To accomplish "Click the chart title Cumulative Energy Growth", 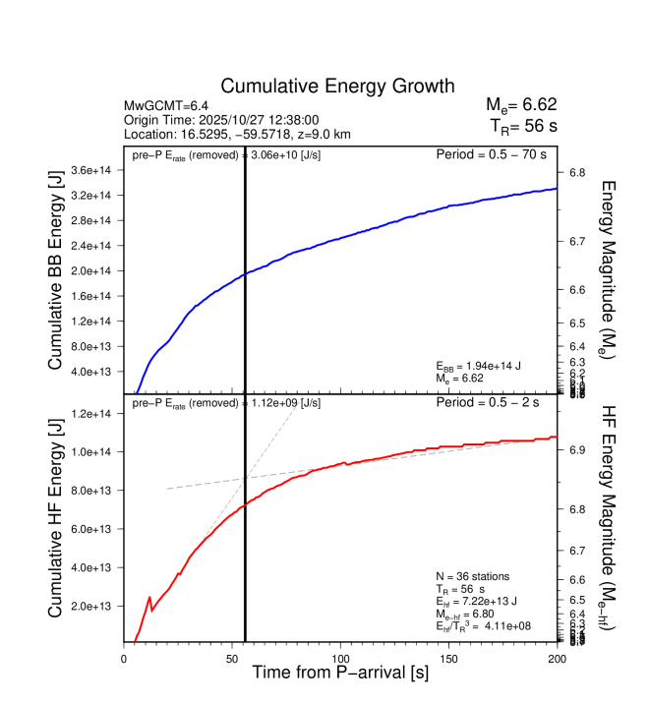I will (x=337, y=86).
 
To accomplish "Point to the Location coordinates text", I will (x=237, y=134).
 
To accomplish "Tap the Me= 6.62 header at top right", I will (x=521, y=105).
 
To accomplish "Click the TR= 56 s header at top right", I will (x=522, y=126).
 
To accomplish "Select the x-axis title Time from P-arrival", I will (x=339, y=673).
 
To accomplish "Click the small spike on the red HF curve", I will (x=149, y=597).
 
